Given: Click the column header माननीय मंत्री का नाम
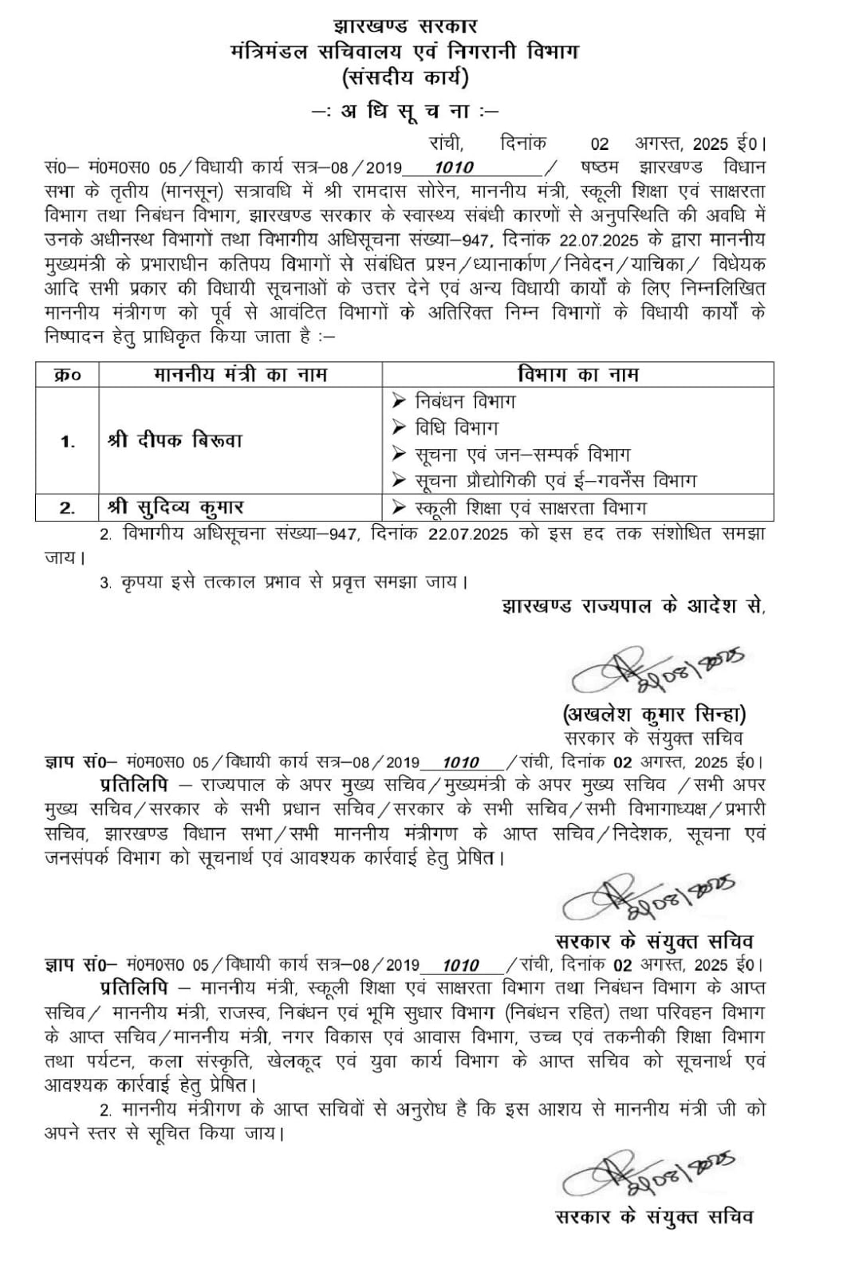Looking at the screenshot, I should (240, 374).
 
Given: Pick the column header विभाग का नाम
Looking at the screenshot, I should (577, 374).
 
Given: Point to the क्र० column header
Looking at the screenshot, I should (67, 374).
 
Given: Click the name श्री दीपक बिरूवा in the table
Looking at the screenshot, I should (175, 440).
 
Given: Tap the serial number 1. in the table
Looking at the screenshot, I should (68, 441).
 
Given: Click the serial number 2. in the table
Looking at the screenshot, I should (68, 507).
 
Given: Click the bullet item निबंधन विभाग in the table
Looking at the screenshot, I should (465, 400).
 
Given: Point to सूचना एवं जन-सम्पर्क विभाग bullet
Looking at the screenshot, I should (522, 455).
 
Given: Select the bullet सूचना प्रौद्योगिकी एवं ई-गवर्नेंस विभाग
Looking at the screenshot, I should (555, 481).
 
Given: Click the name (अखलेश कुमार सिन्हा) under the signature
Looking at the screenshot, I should (654, 713).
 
